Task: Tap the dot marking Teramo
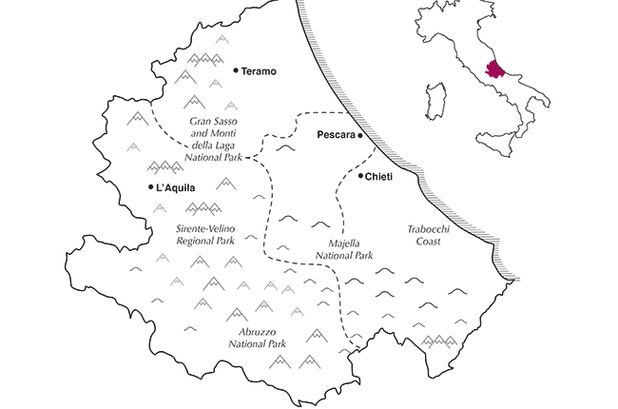235,70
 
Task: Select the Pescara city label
336,137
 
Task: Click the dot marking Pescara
361,137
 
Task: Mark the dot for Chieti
360,176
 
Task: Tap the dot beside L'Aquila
151,187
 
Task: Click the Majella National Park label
344,249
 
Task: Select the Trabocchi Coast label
423,235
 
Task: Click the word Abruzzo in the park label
250,332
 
